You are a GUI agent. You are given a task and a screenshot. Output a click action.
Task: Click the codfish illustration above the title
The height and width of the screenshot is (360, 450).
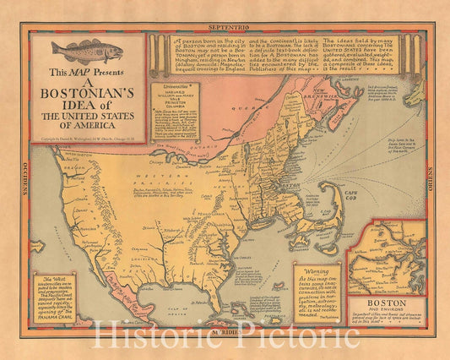[x=87, y=52]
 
